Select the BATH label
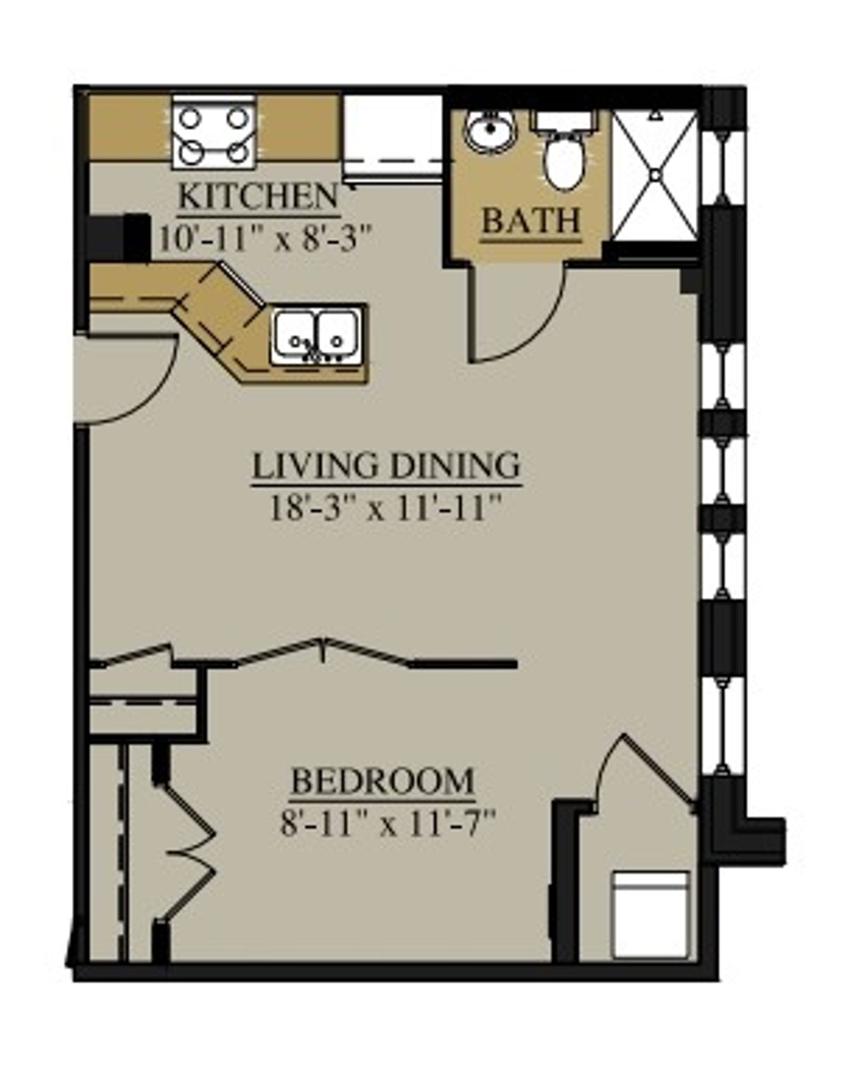[531, 222]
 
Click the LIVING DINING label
[386, 466]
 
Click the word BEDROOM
[382, 781]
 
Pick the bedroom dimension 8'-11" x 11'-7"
[387, 823]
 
